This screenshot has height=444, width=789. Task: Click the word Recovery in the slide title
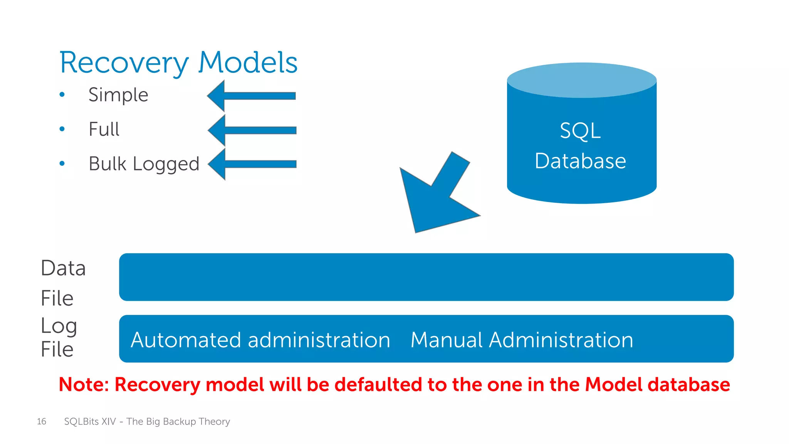click(x=124, y=63)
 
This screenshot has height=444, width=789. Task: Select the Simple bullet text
click(x=118, y=95)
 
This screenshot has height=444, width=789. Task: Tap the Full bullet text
click(x=104, y=129)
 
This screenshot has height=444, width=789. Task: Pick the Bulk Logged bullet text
click(x=144, y=164)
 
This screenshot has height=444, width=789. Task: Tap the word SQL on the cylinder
click(x=580, y=131)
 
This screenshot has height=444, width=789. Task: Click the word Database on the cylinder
click(x=580, y=161)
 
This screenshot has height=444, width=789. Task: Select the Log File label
click(x=59, y=338)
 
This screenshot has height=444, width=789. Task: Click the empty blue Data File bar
click(x=426, y=277)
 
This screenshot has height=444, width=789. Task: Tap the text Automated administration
click(x=260, y=340)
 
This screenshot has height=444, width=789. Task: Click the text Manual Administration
click(x=522, y=340)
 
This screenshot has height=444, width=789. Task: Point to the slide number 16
click(x=42, y=421)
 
